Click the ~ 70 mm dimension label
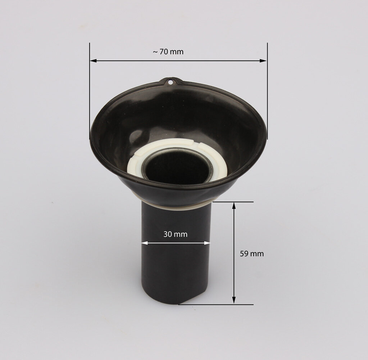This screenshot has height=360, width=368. coord(168,52)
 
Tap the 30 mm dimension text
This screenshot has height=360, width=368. coord(175,234)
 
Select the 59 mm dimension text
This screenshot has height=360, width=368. coord(252,254)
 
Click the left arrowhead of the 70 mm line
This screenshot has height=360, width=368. coord(93,60)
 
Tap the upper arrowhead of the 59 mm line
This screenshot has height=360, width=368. coord(234,205)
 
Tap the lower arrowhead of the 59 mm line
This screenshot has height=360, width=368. coord(234,300)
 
